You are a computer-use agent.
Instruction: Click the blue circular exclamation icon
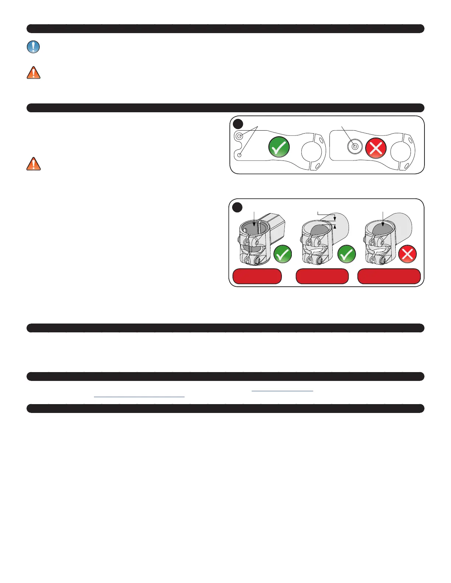tap(34, 47)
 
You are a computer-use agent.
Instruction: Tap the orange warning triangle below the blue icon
tap(34, 73)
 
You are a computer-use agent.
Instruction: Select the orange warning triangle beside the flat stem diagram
tap(34, 164)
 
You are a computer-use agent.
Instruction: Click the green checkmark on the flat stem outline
tap(279, 147)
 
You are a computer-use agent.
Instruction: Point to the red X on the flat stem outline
tap(375, 148)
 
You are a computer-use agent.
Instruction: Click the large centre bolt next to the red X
tap(355, 146)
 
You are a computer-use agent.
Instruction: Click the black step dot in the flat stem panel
tap(238, 124)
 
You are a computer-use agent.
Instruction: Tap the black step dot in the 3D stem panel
tap(237, 207)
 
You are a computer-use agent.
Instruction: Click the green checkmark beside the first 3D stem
tap(283, 254)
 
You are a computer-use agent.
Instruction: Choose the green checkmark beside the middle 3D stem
tap(346, 254)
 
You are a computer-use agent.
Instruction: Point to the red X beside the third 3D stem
tap(408, 254)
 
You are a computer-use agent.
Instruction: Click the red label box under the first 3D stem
tap(257, 276)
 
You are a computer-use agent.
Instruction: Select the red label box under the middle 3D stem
tap(322, 276)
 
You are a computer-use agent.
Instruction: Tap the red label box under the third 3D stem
tap(389, 276)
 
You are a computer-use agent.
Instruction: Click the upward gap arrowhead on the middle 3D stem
tap(335, 227)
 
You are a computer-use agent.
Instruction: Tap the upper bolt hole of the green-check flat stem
tap(240, 137)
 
